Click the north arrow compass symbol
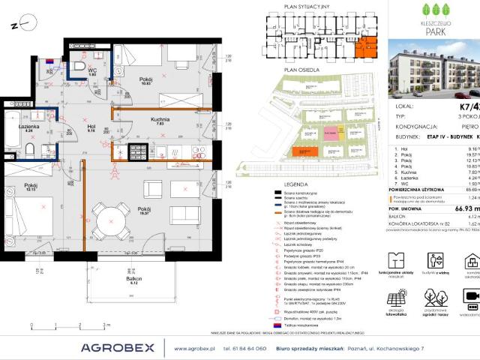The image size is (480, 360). [x=22, y=22]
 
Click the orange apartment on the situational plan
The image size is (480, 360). [x=367, y=48]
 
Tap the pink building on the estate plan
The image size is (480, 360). [x=331, y=133]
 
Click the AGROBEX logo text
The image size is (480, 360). [x=119, y=346]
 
